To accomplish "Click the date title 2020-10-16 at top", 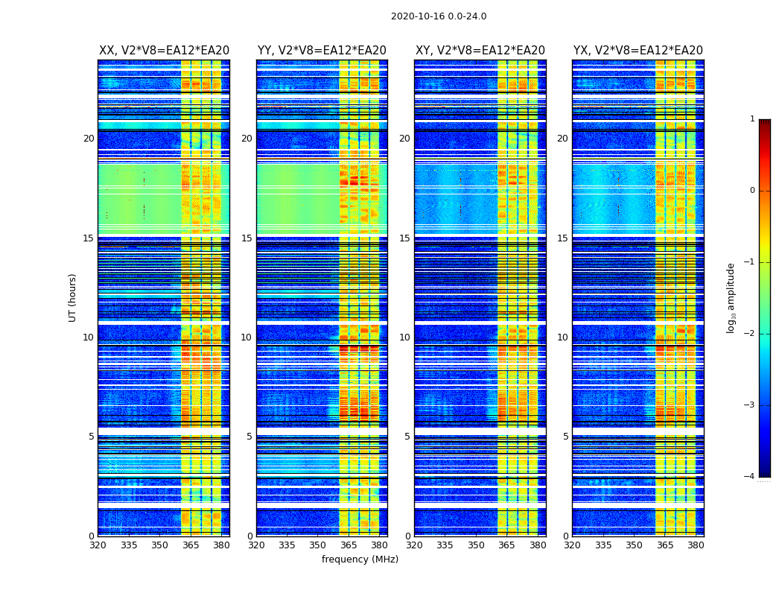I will coord(439,16).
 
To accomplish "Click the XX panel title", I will coord(164,51).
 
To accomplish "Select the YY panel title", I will coord(322,51).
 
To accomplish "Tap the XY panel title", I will coord(480,51).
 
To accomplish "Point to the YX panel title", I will coord(638,51).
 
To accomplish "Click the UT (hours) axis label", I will coord(73,297).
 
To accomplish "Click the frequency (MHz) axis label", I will coord(360,559).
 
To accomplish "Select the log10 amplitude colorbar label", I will coord(731,297).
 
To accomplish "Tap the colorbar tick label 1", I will coord(751,119).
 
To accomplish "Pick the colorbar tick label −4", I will coord(750,477).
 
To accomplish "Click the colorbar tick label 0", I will coord(751,191).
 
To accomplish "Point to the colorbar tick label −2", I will coord(750,334).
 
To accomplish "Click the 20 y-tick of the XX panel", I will coord(89,139).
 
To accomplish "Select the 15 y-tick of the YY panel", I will coord(247,238).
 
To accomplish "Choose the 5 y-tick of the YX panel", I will coord(565,437).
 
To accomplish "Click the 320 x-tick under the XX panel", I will coord(98,545).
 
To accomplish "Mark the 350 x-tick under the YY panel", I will coord(318,545).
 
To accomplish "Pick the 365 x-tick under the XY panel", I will coord(507,545).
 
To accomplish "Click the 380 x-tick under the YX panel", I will coord(696,545).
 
